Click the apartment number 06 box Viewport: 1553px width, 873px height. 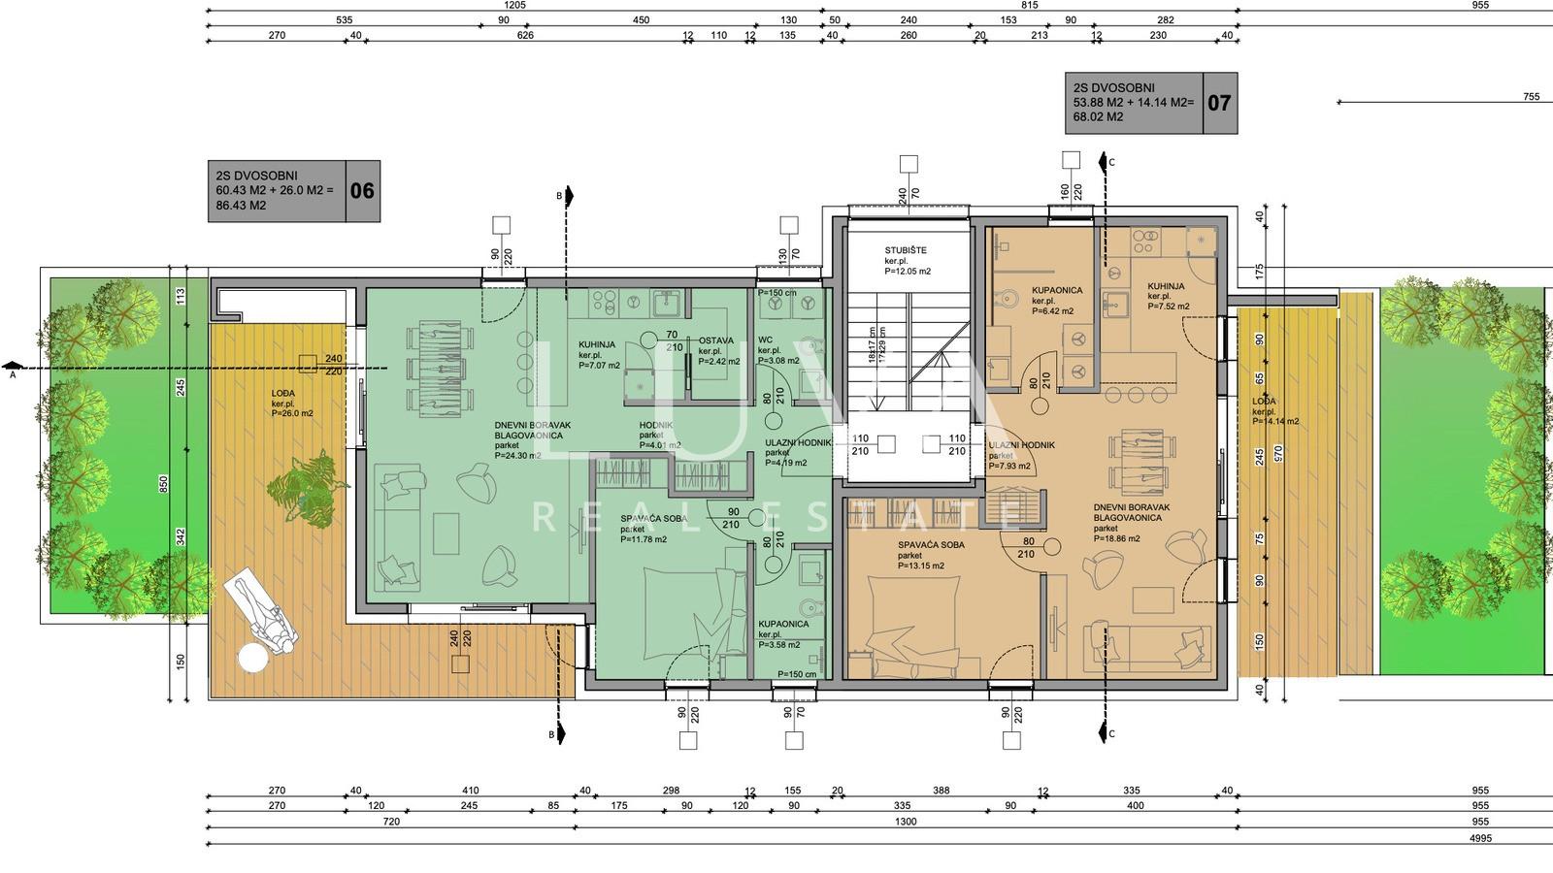pyautogui.click(x=362, y=191)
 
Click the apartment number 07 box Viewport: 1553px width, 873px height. pyautogui.click(x=1219, y=102)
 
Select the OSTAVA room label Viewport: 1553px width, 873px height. pyautogui.click(x=716, y=340)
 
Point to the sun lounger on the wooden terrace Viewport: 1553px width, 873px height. pyautogui.click(x=263, y=613)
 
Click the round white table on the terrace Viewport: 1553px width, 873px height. pyautogui.click(x=252, y=659)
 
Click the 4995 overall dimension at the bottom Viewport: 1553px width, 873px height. pyautogui.click(x=1480, y=839)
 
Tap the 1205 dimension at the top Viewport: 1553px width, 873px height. pyautogui.click(x=514, y=5)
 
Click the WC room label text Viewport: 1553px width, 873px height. pyautogui.click(x=765, y=340)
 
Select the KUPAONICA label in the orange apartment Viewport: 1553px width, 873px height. pyautogui.click(x=1056, y=290)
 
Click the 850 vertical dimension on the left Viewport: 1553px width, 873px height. pyautogui.click(x=164, y=482)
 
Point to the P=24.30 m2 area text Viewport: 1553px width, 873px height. pyautogui.click(x=517, y=455)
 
